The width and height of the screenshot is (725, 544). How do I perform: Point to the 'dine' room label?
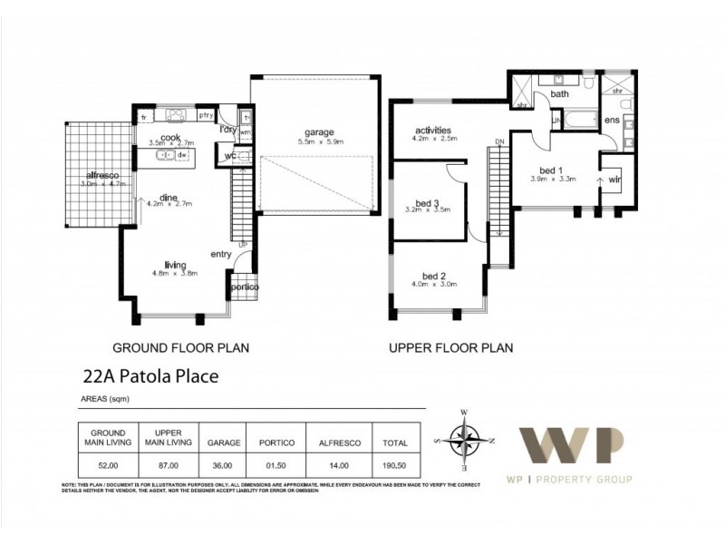[x=168, y=196]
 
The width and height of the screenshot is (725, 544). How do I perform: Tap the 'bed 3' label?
[x=427, y=202]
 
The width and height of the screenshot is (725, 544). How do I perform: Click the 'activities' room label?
[x=433, y=130]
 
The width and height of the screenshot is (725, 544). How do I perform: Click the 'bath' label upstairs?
[x=559, y=93]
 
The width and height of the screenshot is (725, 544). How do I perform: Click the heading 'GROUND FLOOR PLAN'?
[x=179, y=346]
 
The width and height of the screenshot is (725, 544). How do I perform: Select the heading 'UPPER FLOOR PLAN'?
[x=450, y=346]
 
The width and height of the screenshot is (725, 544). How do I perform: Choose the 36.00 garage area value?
[x=222, y=466]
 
